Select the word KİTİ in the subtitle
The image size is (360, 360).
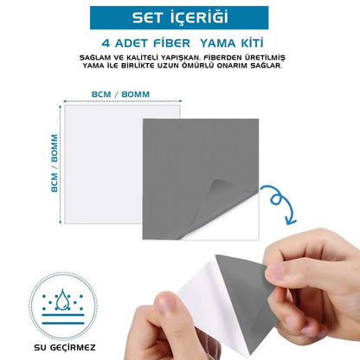click(x=247, y=42)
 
